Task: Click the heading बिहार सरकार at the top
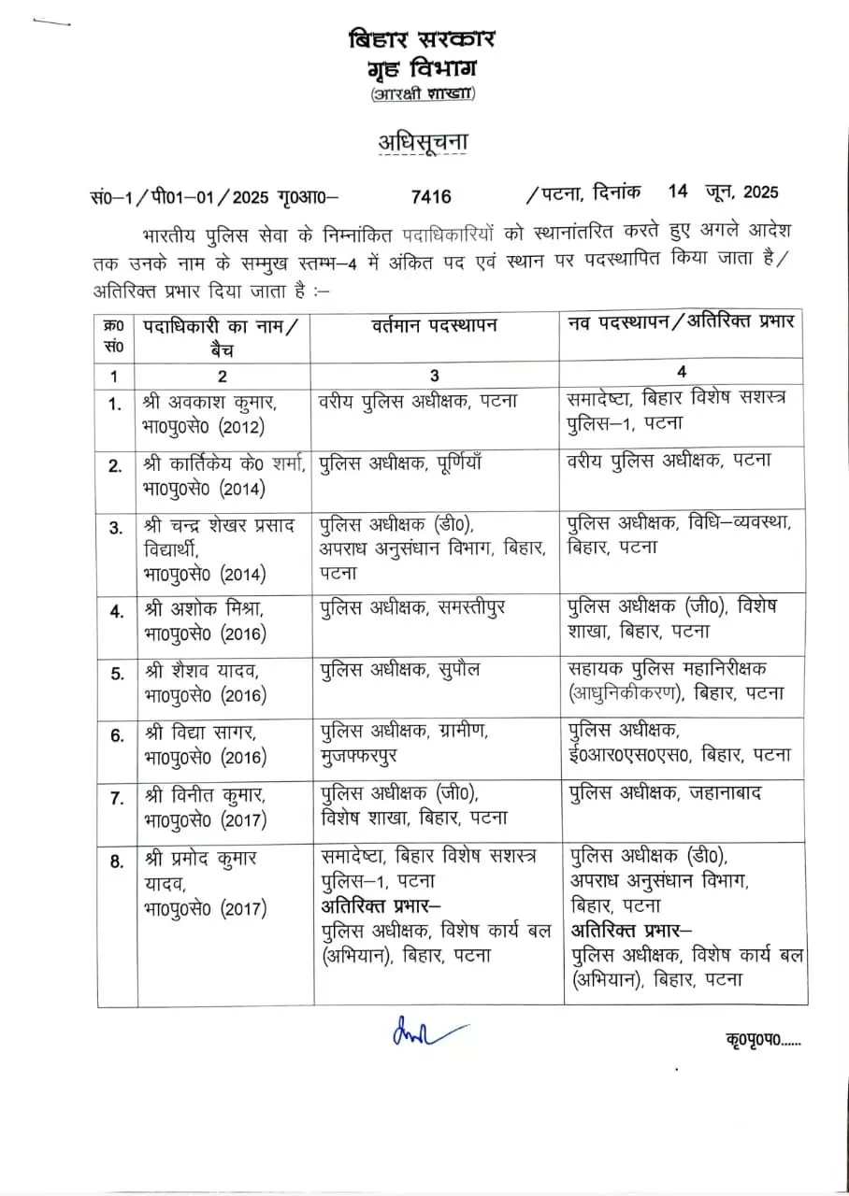coord(422,39)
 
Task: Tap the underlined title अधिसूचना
coord(422,143)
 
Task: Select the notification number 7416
coord(430,195)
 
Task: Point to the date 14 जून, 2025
coord(723,193)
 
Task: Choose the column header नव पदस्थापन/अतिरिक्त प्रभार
coord(682,320)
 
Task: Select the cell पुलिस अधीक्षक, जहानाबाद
coord(665,792)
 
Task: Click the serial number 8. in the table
coord(116,861)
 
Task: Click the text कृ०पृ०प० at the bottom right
coord(762,1040)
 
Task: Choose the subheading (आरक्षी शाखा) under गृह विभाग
coord(422,93)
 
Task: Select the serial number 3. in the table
coord(116,528)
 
